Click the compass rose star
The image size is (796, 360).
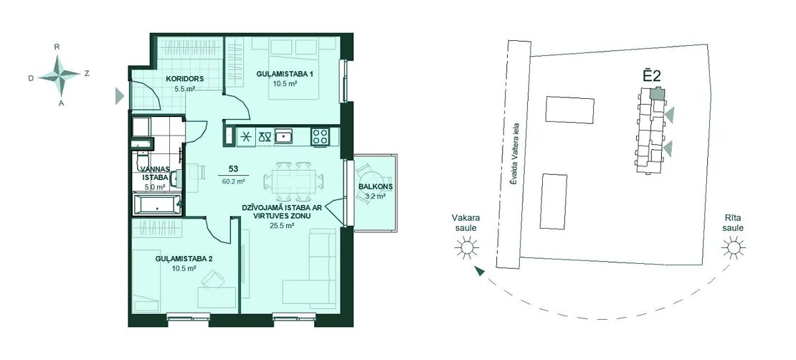(60, 75)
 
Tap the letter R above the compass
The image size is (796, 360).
(57, 47)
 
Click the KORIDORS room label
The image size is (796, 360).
(185, 79)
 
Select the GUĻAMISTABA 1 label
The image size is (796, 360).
(284, 74)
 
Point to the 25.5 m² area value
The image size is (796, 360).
(283, 226)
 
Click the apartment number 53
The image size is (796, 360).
(234, 169)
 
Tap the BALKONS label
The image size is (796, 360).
(375, 186)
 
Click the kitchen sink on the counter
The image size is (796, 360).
(283, 136)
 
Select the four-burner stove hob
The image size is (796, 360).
(321, 136)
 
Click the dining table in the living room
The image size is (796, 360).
(293, 180)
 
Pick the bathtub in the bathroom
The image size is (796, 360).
(157, 204)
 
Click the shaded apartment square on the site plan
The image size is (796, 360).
(657, 93)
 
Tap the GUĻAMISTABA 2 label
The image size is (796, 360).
(184, 259)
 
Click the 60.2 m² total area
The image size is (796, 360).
(233, 180)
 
